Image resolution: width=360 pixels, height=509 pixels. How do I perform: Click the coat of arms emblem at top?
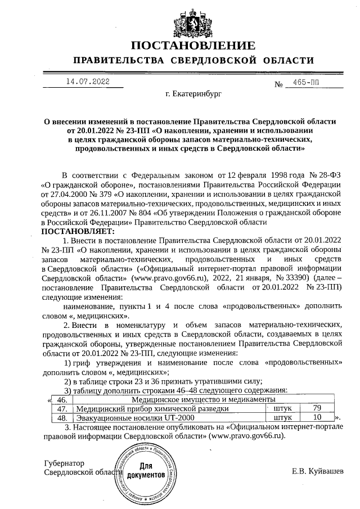[x=193, y=20]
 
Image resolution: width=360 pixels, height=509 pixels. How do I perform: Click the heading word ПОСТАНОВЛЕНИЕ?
[x=193, y=46]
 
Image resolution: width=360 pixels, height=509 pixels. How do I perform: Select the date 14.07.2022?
[x=87, y=82]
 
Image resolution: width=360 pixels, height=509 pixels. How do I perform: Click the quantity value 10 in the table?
[x=317, y=418]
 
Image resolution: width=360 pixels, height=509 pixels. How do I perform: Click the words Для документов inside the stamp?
[x=146, y=470]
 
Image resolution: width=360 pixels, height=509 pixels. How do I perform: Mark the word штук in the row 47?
[x=282, y=408]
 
